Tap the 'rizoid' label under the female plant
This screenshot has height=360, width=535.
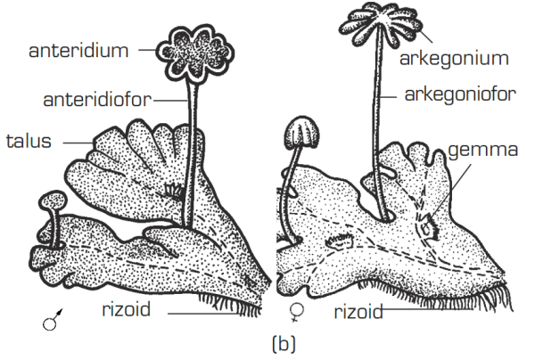(x=358, y=312)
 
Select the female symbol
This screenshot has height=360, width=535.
(x=298, y=314)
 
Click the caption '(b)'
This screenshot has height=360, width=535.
(x=268, y=342)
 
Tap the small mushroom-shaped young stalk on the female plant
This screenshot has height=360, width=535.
(x=298, y=135)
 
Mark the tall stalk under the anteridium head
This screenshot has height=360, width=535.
(x=190, y=151)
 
